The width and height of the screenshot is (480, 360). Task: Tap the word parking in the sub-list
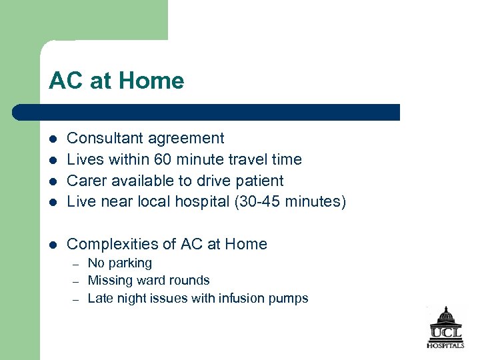pyautogui.click(x=132, y=264)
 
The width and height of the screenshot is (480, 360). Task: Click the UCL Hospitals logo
pyautogui.click(x=445, y=327)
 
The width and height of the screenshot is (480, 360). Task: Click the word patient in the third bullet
pyautogui.click(x=259, y=181)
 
